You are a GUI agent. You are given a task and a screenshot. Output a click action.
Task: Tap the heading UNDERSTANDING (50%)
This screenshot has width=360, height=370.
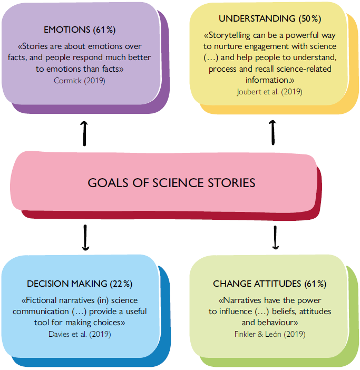point(269,18)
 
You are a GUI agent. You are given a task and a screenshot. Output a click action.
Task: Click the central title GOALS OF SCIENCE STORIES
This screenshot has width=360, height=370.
point(171,183)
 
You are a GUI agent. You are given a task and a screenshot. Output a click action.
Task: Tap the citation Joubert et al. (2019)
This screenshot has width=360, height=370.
point(269,92)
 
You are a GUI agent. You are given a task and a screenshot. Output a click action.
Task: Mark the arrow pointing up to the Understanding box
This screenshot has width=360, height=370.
point(273,131)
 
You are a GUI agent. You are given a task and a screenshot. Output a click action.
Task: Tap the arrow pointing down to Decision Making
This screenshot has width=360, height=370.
point(84,238)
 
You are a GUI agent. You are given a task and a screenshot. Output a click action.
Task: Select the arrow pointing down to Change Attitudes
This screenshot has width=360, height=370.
point(275,238)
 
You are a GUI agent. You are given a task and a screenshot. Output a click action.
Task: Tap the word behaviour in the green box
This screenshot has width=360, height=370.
point(283,322)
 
